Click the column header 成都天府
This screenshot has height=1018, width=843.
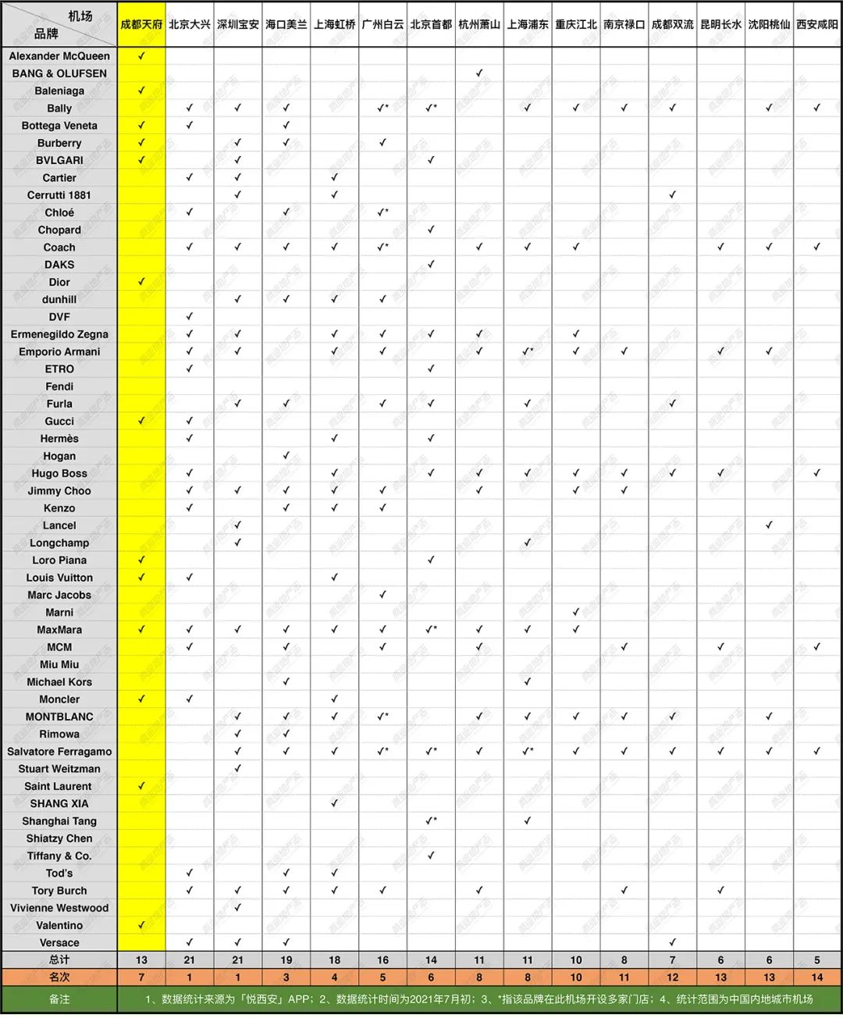click(x=141, y=25)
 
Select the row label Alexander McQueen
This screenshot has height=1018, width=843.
click(x=59, y=56)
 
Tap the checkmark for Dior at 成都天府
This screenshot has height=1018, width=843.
click(x=141, y=282)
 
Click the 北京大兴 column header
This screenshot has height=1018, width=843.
click(x=190, y=25)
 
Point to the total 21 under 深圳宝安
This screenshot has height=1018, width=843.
click(x=238, y=960)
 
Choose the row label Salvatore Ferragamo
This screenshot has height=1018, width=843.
click(x=59, y=752)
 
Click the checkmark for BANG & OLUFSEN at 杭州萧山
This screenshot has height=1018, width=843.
click(x=479, y=73)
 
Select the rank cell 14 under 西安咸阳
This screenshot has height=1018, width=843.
click(x=817, y=977)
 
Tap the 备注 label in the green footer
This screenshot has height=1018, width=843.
click(x=59, y=999)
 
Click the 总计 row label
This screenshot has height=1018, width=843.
click(x=59, y=960)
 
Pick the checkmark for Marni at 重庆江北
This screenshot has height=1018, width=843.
click(x=576, y=612)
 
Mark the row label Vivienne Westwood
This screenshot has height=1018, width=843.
click(x=59, y=908)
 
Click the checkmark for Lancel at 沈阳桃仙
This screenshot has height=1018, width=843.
click(x=769, y=525)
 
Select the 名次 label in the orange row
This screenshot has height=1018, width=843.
click(x=59, y=977)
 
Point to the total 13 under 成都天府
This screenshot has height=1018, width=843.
click(x=141, y=960)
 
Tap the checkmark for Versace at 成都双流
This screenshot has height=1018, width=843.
click(x=673, y=942)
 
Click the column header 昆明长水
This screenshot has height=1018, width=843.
click(x=720, y=25)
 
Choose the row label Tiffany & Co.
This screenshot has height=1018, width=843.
click(x=59, y=856)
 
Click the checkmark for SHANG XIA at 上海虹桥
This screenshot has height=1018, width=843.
click(x=334, y=803)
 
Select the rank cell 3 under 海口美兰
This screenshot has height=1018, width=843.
click(x=286, y=977)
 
